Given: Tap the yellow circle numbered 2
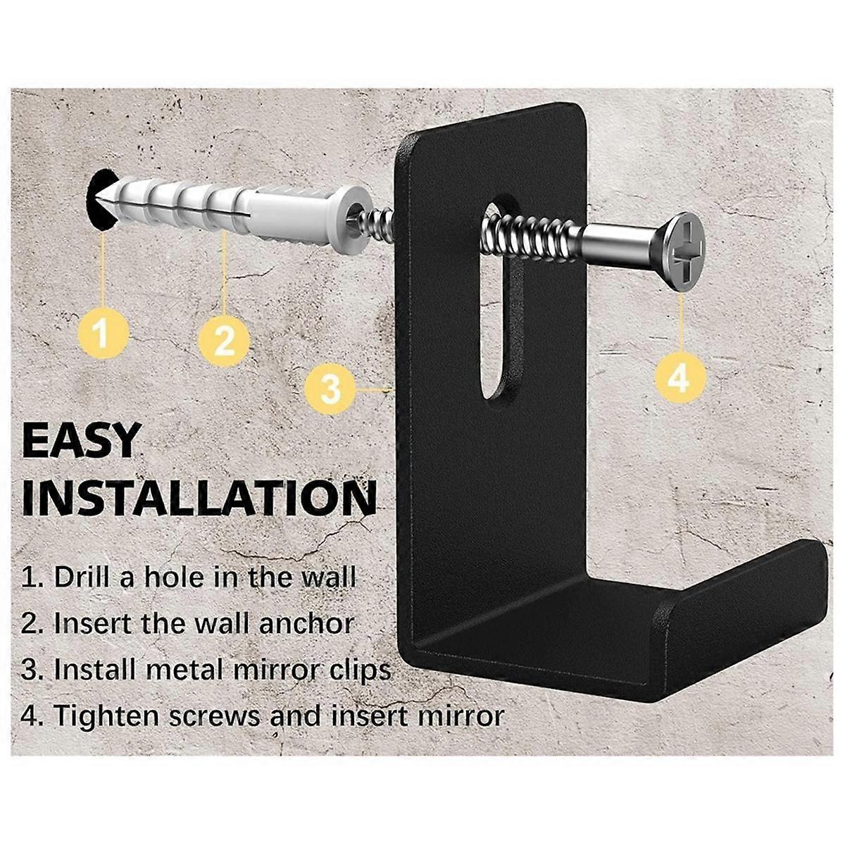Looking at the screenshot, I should (x=224, y=342).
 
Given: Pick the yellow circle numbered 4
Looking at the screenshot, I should (x=678, y=380).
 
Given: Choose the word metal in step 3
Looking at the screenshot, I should (x=196, y=669).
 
